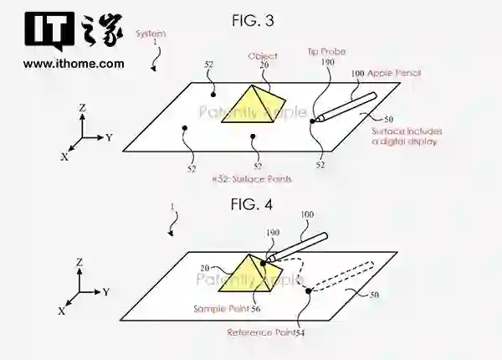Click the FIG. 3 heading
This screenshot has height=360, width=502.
251,18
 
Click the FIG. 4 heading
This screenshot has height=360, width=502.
250,203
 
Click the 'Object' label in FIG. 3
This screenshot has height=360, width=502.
262,56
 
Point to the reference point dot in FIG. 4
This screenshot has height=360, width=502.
309,291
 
